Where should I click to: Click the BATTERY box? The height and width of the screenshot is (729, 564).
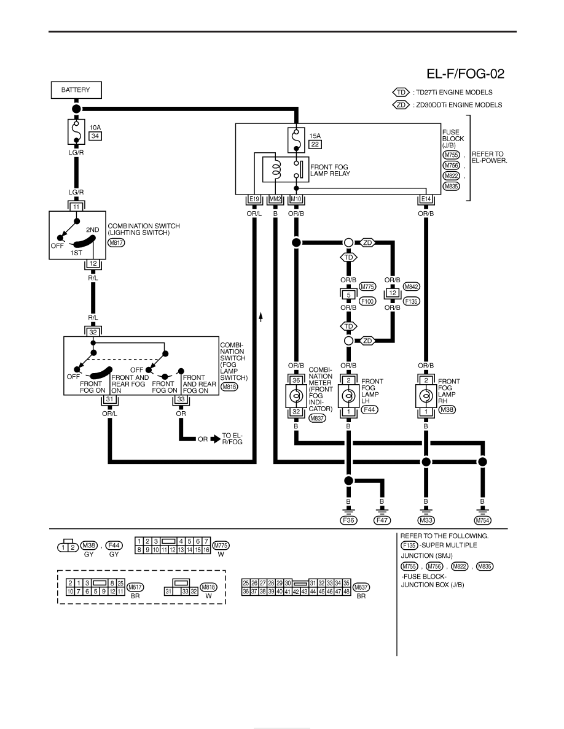click(x=76, y=90)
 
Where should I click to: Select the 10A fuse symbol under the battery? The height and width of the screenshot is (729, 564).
click(x=76, y=132)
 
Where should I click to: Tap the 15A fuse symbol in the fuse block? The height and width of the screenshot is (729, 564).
click(x=296, y=140)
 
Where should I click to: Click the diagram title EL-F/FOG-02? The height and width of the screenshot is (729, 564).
click(x=465, y=74)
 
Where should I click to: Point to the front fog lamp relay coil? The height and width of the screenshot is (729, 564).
click(x=276, y=169)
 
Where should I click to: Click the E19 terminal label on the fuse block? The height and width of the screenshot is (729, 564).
click(x=254, y=199)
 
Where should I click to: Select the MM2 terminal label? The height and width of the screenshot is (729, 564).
click(x=275, y=199)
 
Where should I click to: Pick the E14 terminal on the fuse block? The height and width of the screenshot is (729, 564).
click(x=426, y=199)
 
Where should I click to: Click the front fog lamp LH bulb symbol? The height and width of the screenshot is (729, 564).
click(x=348, y=396)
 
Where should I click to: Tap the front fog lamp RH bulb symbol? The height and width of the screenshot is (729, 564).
click(x=426, y=396)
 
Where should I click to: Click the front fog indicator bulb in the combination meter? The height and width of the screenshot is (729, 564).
click(x=296, y=396)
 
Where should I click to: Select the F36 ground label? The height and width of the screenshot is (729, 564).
click(x=348, y=520)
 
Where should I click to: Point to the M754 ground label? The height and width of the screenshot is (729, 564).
click(x=482, y=520)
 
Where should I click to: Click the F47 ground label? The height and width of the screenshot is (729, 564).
click(x=382, y=520)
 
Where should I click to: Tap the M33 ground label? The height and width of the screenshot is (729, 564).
click(x=426, y=520)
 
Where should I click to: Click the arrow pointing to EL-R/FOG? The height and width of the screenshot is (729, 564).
click(x=216, y=439)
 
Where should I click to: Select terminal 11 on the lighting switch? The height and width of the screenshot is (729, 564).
click(x=77, y=207)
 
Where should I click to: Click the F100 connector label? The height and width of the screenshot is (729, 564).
click(x=367, y=301)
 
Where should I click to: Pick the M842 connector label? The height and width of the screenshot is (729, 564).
click(x=412, y=287)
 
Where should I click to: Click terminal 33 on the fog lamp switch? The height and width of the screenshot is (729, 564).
click(x=181, y=399)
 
